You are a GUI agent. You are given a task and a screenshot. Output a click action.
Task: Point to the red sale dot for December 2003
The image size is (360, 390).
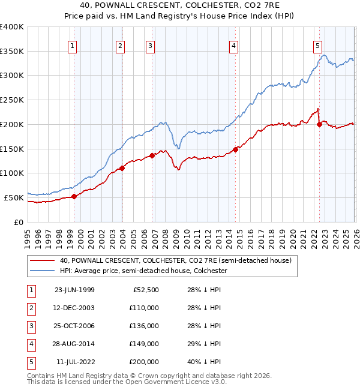[122, 168]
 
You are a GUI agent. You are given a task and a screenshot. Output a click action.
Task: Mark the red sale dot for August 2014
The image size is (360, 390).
[236, 149]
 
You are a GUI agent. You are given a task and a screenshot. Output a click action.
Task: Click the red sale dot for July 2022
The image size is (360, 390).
[319, 124]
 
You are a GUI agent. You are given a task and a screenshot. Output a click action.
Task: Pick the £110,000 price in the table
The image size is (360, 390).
[144, 308]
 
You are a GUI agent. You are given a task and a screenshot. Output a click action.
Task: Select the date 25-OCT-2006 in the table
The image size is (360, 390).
[74, 326]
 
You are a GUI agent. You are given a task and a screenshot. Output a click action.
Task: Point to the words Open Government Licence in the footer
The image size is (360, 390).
[173, 382]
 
